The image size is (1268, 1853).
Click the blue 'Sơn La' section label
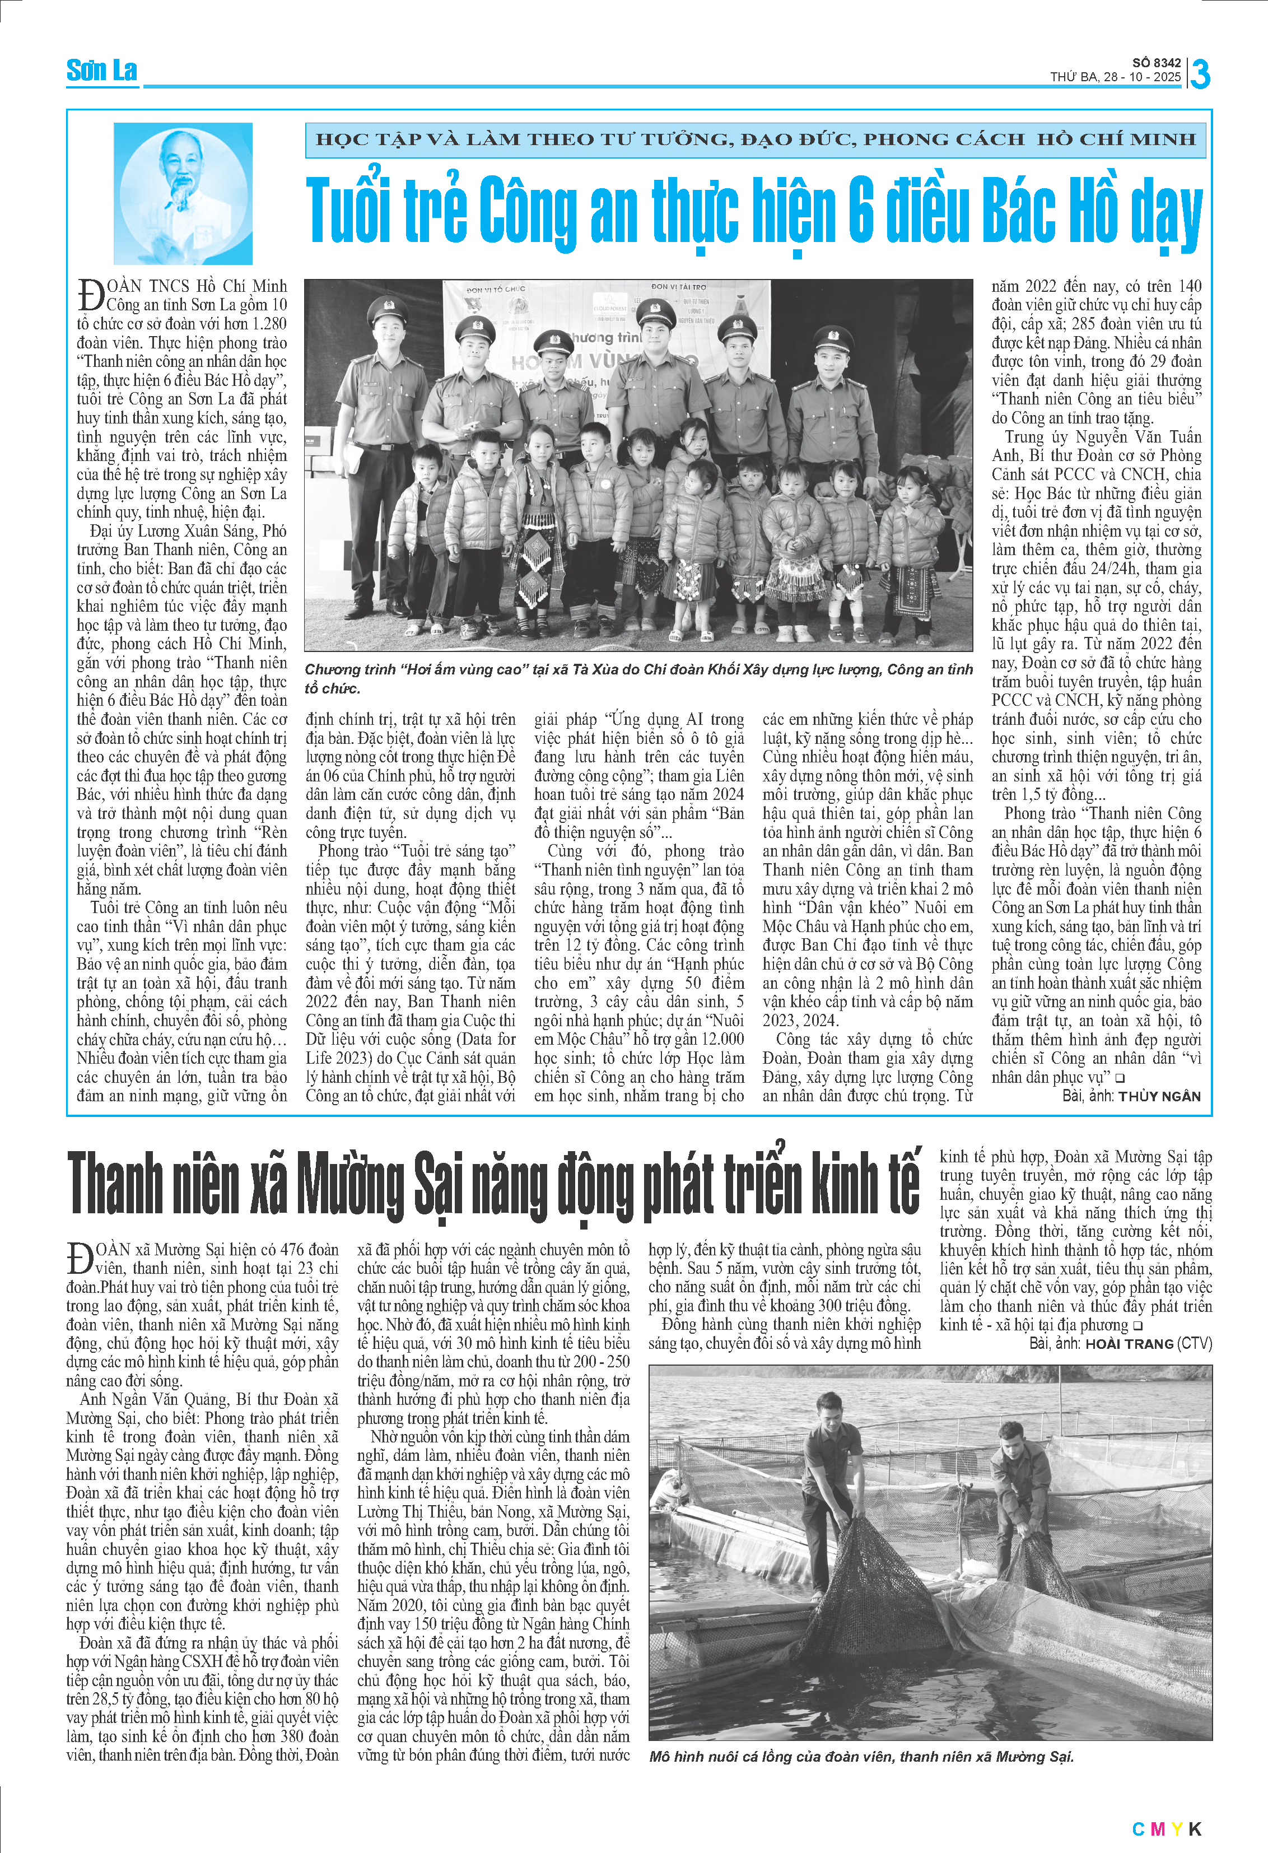101,71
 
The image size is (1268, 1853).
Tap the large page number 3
1200,74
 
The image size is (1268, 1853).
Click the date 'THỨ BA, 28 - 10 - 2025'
1115,77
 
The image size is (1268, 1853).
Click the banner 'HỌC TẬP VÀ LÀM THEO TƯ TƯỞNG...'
755,139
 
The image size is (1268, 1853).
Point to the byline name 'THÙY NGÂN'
1159,1096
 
